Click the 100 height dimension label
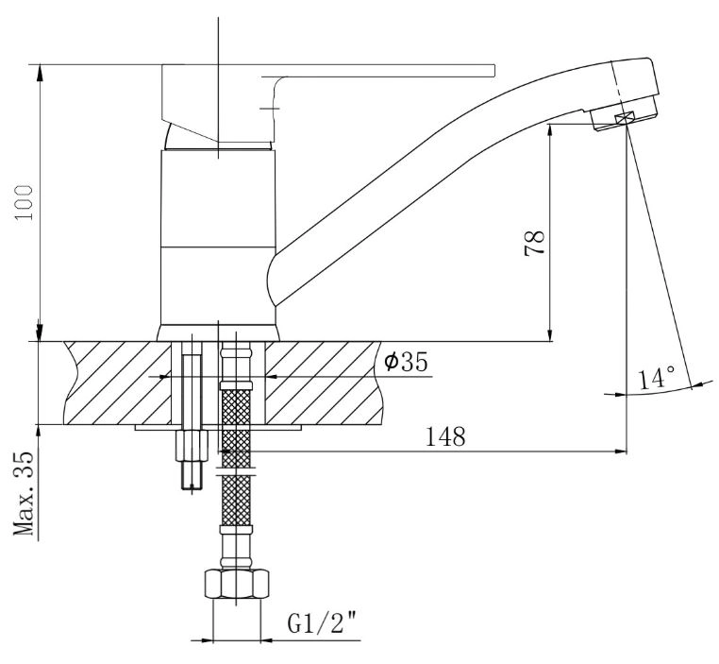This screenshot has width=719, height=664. click(x=24, y=202)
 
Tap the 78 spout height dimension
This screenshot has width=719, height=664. click(x=535, y=242)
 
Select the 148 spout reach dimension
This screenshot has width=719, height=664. click(x=445, y=436)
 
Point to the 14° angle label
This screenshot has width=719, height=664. click(x=657, y=377)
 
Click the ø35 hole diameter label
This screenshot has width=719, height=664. click(x=406, y=361)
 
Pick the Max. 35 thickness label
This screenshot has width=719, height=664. click(x=24, y=493)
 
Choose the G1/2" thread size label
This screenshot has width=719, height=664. click(x=323, y=622)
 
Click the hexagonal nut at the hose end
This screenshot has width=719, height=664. click(x=236, y=583)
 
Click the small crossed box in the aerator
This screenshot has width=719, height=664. click(x=625, y=117)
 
